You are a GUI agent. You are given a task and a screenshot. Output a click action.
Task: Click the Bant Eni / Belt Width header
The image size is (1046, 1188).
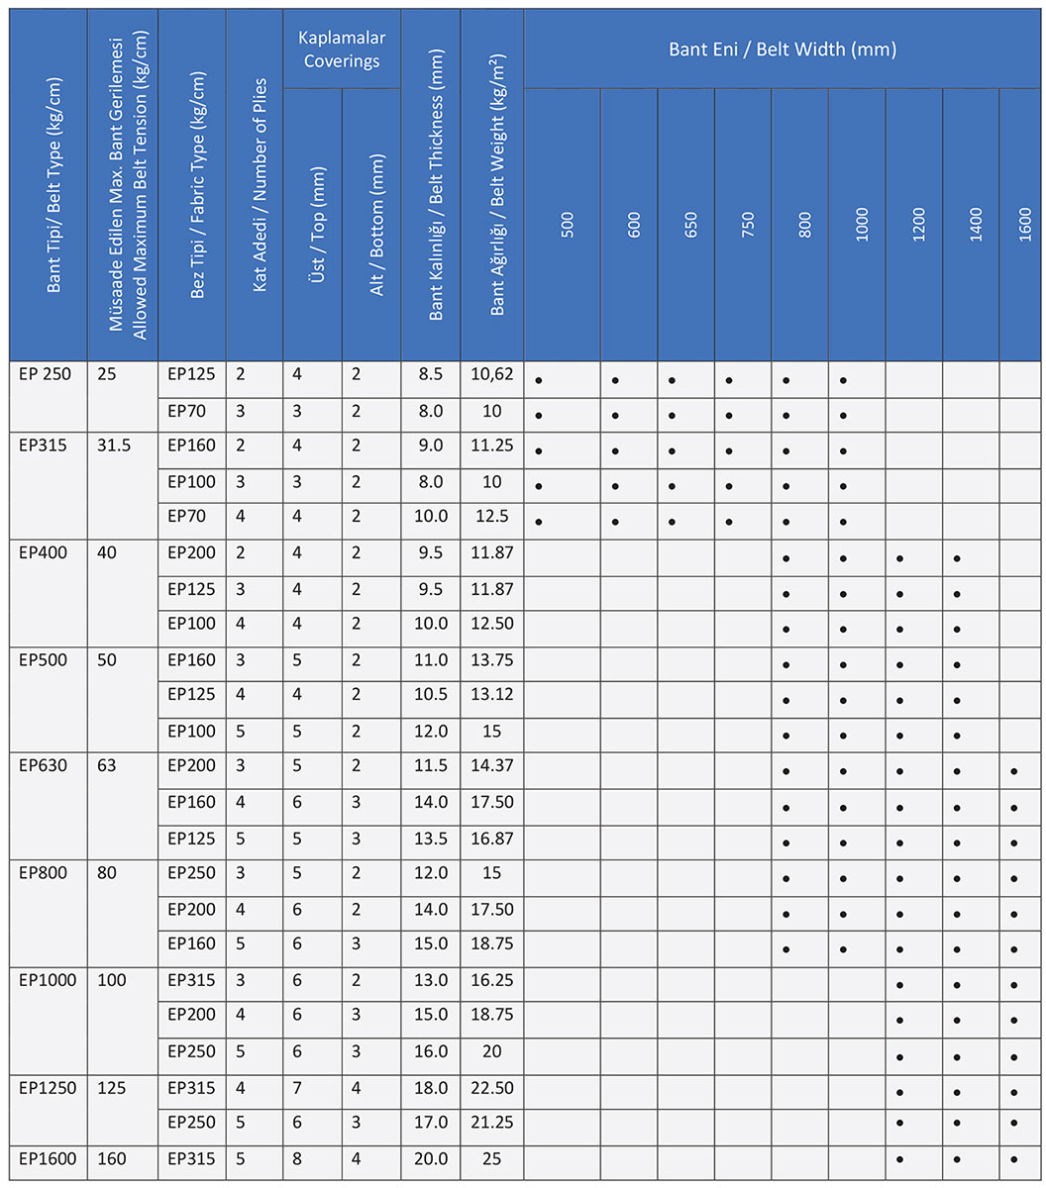(x=784, y=49)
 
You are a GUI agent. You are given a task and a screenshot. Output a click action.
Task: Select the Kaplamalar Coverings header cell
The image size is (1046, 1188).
(x=342, y=49)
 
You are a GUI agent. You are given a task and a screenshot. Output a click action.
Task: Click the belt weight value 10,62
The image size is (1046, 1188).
(x=492, y=374)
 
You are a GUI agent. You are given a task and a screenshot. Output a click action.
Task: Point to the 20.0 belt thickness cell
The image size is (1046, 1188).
(x=431, y=1158)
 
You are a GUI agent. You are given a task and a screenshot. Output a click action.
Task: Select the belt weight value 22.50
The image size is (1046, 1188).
(x=492, y=1087)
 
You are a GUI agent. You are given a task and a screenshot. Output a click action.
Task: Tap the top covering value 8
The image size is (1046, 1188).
(x=296, y=1158)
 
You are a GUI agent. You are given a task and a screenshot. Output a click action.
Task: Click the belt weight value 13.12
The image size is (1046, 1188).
(x=492, y=695)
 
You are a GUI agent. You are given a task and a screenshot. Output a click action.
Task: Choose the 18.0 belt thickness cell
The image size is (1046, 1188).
(x=431, y=1087)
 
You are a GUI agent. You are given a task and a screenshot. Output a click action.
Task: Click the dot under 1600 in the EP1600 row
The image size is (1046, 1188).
(x=1014, y=1160)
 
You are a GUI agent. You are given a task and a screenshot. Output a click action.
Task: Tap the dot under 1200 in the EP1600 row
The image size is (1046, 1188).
(x=900, y=1160)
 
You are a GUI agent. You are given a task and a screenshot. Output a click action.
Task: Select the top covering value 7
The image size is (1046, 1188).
(x=296, y=1087)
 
